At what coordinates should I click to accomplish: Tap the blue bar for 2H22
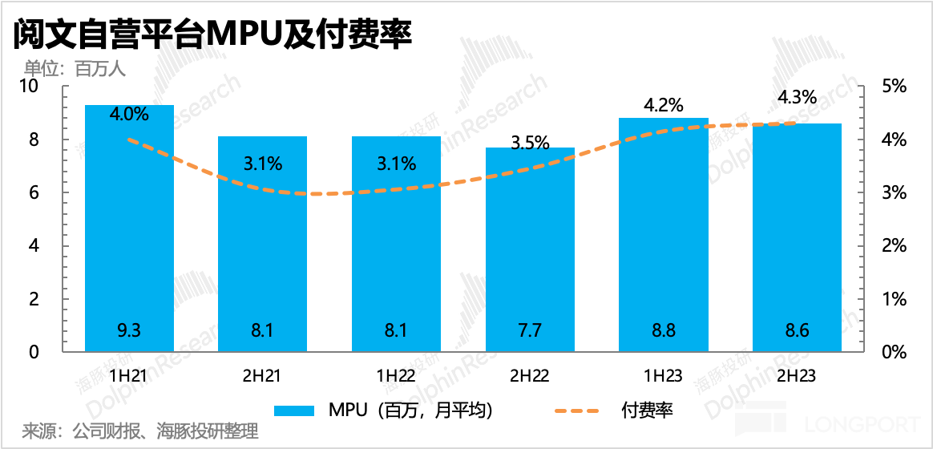(x=530, y=249)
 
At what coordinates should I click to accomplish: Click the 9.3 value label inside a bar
(x=129, y=330)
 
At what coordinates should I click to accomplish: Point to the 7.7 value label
(x=530, y=330)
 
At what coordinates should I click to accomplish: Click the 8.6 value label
(x=797, y=330)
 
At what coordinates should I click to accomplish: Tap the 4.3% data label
(x=797, y=98)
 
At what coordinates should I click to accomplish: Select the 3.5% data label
(x=530, y=144)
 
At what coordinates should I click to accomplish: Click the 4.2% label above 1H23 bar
(x=664, y=105)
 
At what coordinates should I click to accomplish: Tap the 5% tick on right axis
(x=891, y=87)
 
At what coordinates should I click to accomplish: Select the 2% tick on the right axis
(x=891, y=246)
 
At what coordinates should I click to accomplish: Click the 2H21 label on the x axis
(x=262, y=374)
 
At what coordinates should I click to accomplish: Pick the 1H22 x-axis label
(x=396, y=374)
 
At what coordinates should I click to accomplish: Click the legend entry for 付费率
(x=647, y=411)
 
